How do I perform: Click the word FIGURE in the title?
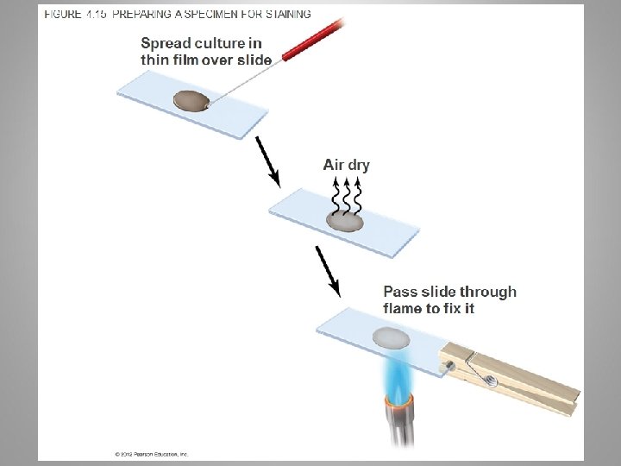pyautogui.click(x=62, y=15)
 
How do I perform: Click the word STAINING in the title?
pyautogui.click(x=284, y=15)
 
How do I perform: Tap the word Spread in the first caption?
pyautogui.click(x=166, y=43)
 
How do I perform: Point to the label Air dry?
pyautogui.click(x=346, y=165)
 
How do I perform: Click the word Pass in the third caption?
pyautogui.click(x=399, y=292)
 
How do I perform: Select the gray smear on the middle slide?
pyautogui.click(x=345, y=222)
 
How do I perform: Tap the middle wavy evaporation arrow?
pyautogui.click(x=347, y=195)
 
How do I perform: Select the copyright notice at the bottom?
pyautogui.click(x=151, y=453)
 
